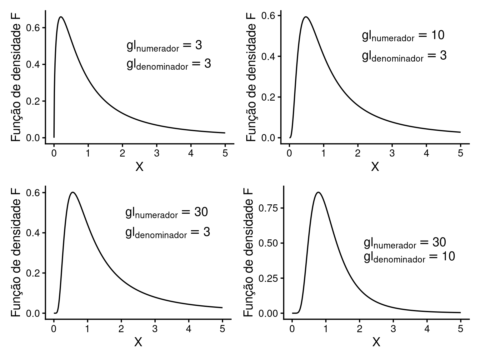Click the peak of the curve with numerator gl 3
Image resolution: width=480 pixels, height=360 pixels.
coord(61,17)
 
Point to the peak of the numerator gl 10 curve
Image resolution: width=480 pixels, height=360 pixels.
coord(306,17)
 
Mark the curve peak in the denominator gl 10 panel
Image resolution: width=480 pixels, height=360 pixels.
coord(318,192)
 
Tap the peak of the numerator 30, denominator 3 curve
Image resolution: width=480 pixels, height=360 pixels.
coord(73,192)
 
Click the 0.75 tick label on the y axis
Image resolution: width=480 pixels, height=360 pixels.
coord(267,208)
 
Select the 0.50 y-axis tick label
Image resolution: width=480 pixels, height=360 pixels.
coord(267,243)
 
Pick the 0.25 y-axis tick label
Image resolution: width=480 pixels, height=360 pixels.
coord(267,278)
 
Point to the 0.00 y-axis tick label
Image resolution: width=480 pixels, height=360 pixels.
coord(267,313)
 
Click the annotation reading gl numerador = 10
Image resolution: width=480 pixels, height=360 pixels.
coord(403,36)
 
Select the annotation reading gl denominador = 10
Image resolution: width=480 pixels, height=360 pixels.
coord(409,257)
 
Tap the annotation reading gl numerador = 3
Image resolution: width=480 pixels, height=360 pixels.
coord(164,46)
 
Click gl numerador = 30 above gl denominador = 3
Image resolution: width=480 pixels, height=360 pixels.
coord(167,213)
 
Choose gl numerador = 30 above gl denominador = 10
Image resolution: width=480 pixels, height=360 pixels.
coord(405,243)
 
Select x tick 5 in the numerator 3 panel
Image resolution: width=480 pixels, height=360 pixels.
coord(225,153)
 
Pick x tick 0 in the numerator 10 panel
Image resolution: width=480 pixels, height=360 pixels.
coord(289,153)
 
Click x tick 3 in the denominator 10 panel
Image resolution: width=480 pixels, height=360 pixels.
coord(393,329)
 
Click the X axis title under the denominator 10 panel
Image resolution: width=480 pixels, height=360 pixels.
coord(376,342)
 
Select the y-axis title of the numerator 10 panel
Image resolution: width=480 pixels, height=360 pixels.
coord(251,77)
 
